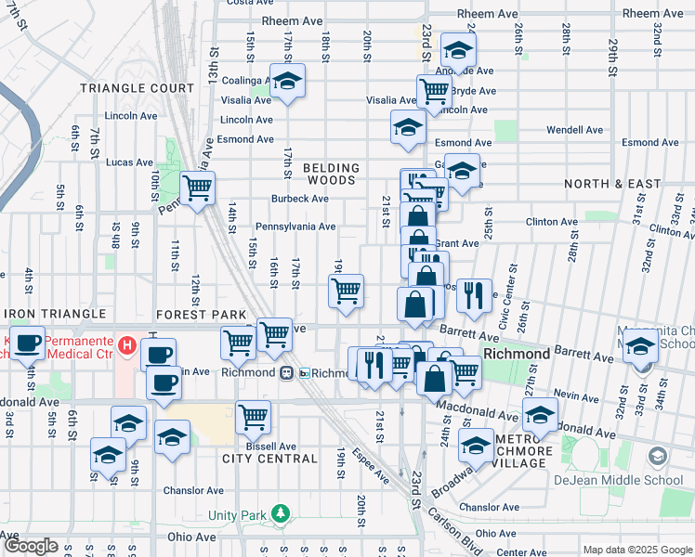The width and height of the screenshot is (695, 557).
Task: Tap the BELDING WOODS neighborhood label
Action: tap(330, 174)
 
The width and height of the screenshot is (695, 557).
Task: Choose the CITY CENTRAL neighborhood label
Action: tap(269, 459)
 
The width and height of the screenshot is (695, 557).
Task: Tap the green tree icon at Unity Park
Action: tap(280, 514)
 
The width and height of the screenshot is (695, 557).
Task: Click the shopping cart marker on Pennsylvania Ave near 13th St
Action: tap(197, 188)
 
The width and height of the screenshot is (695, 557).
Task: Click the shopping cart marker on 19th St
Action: tap(347, 290)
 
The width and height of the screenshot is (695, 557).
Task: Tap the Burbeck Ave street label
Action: tap(299, 199)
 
